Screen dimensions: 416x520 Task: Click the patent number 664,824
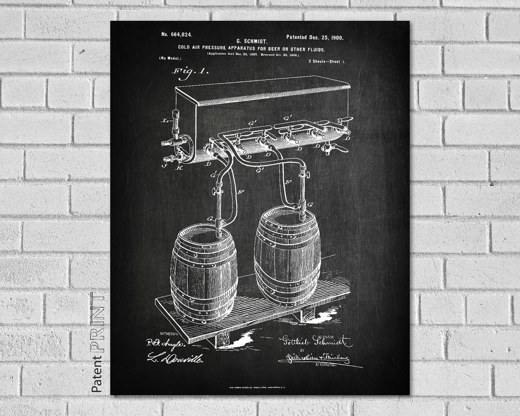[x=177, y=34]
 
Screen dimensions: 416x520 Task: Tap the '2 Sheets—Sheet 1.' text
[x=326, y=61]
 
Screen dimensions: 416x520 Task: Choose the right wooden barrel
[x=287, y=256]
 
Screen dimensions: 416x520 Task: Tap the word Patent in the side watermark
[x=98, y=374]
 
